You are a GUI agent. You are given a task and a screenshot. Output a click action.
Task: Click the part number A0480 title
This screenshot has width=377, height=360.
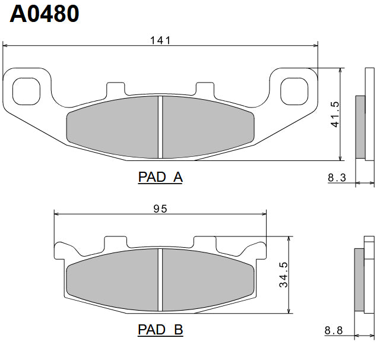tap(45, 14)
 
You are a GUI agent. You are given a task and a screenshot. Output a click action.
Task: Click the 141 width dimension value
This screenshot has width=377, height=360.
tap(160, 40)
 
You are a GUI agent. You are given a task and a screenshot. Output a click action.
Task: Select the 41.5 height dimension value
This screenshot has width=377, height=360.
tap(335, 114)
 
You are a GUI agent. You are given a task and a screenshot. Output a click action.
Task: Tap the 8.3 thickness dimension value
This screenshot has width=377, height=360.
tap(337, 176)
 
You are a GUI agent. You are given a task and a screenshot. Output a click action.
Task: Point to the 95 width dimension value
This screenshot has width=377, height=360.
tap(160, 209)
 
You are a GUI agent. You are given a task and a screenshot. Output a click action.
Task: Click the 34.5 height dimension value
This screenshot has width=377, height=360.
tap(284, 274)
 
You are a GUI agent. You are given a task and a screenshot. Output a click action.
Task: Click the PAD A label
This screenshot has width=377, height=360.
tap(160, 177)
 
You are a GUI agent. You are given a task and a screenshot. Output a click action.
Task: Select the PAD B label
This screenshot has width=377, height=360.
tap(160, 329)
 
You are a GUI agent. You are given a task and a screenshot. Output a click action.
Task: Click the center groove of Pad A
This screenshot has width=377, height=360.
tap(160, 127)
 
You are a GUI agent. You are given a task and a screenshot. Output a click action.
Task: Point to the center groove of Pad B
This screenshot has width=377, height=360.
tap(160, 279)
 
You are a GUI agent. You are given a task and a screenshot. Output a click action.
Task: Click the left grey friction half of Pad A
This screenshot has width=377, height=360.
tap(113, 126)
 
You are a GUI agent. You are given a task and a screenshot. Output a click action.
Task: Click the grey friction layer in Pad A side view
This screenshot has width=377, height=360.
tap(360, 126)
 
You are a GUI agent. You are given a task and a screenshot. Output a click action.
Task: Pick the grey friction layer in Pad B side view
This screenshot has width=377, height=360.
tap(359, 279)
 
